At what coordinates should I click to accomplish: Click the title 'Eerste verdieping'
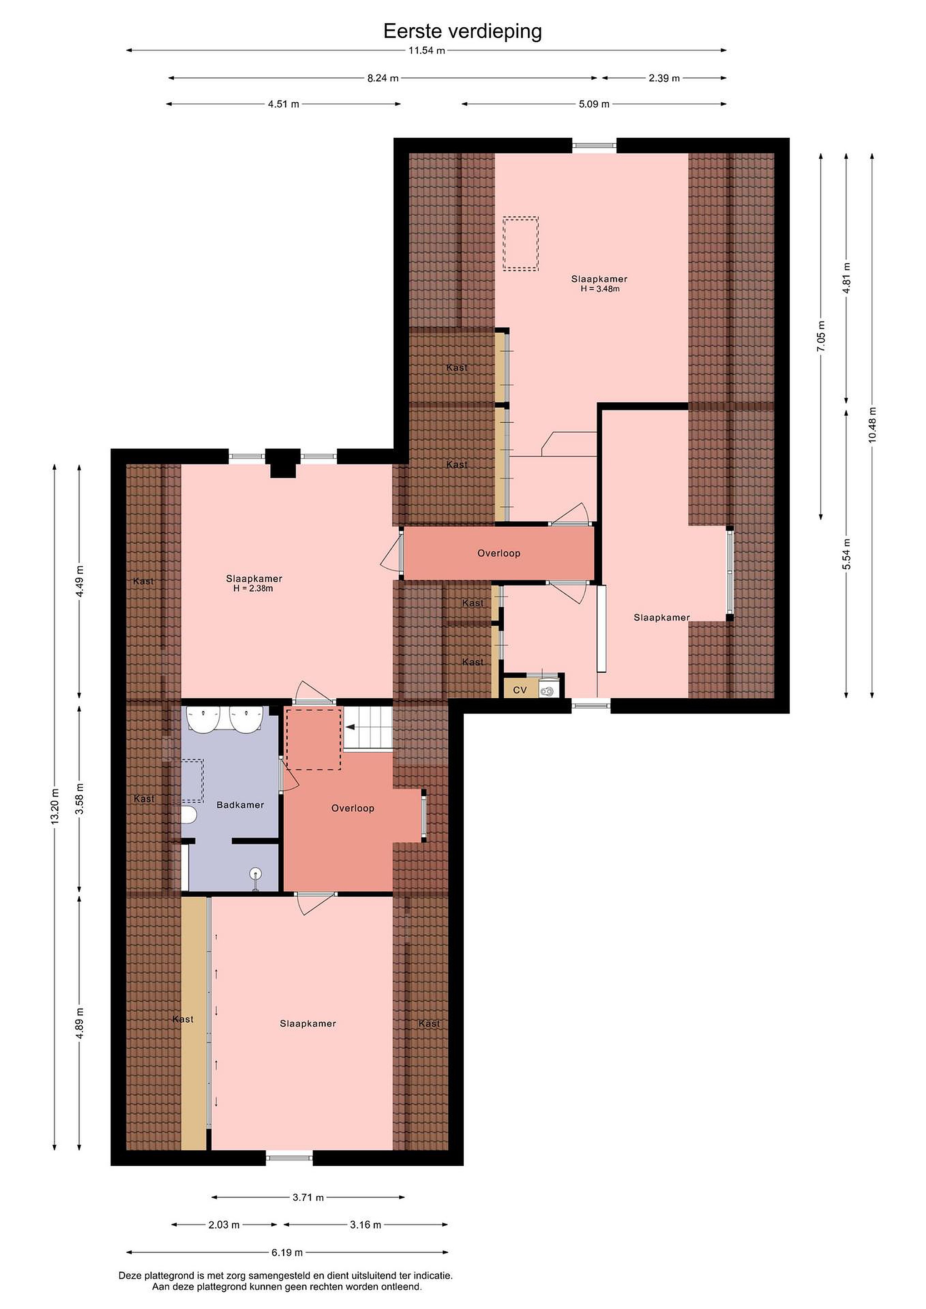tap(462, 32)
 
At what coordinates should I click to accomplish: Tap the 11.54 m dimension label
tap(426, 50)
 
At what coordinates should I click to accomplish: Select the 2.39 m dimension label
tap(664, 78)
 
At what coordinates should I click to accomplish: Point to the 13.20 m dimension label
tap(55, 806)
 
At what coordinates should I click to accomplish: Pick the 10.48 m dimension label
tap(872, 425)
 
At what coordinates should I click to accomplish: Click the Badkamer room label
tap(240, 805)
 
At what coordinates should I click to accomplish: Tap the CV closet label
tap(520, 690)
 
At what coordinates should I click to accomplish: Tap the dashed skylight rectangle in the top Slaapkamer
tap(521, 244)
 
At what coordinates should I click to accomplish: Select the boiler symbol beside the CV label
tap(547, 690)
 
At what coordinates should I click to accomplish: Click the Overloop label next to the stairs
tap(353, 809)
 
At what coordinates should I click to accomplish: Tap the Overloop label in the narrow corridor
tap(499, 553)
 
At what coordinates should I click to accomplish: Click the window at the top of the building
tap(594, 145)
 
